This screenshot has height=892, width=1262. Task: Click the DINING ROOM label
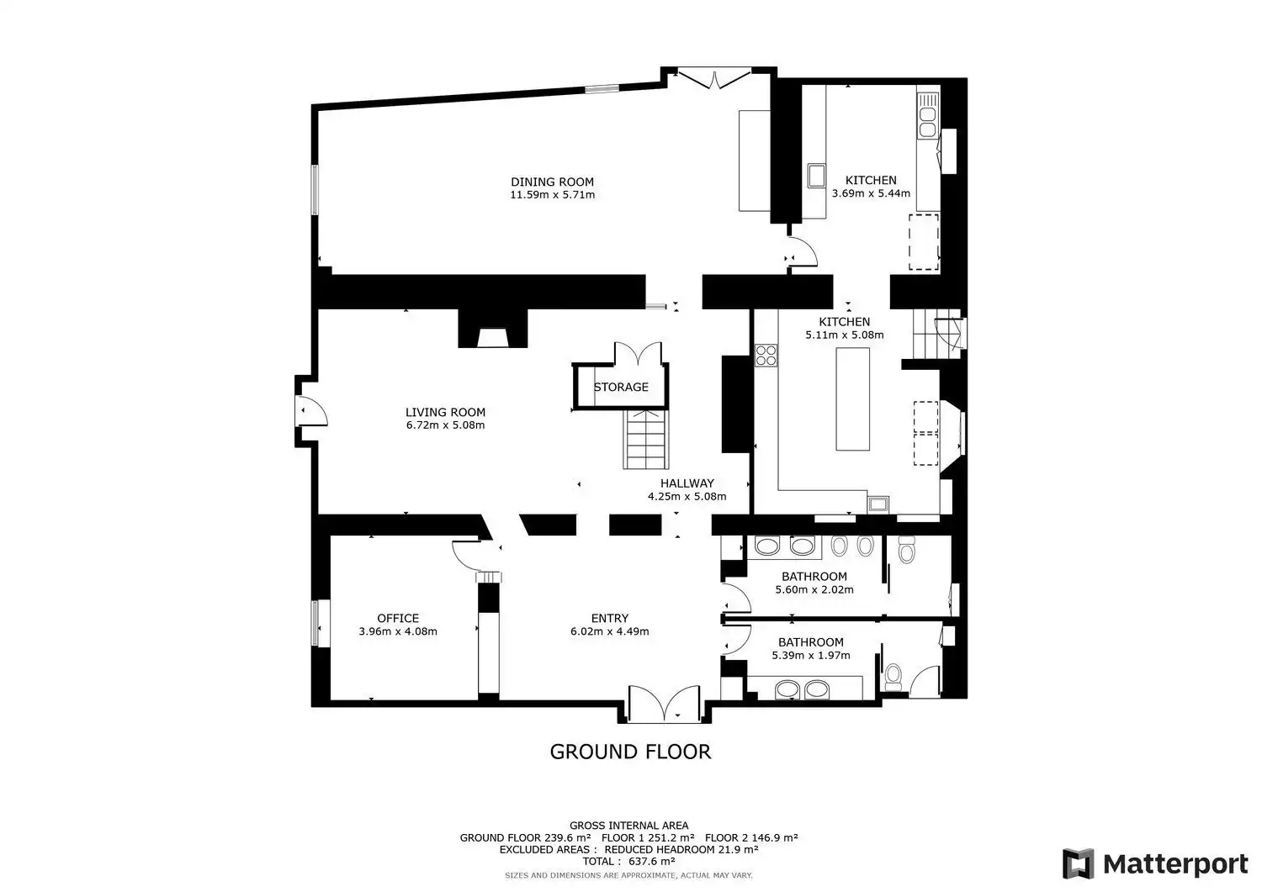point(552,182)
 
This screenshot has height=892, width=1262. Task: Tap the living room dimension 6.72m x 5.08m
point(445,425)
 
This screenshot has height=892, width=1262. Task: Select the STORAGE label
point(621,387)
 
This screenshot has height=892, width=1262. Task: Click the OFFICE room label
point(398,618)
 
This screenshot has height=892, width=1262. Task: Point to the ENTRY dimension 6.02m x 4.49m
point(610,631)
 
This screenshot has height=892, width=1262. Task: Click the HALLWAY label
point(687,483)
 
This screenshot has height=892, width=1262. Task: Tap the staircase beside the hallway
point(645,439)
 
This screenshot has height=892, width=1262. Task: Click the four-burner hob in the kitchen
point(766,356)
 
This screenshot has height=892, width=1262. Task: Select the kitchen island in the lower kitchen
point(852,398)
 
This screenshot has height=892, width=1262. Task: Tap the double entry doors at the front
point(665,704)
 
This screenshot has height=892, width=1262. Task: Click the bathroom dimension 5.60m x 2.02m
point(814,589)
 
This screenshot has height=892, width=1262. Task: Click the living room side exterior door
point(311,410)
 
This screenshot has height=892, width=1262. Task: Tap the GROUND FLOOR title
point(630,752)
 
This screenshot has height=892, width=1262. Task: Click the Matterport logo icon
point(1078,863)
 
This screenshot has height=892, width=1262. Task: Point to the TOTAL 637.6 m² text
point(628,861)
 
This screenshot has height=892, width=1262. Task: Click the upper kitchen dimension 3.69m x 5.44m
point(871,193)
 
